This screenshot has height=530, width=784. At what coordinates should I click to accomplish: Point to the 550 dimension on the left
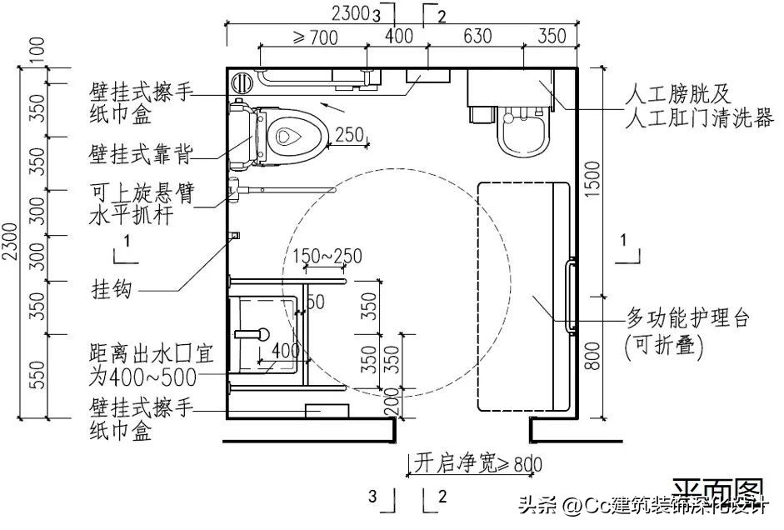(x=36, y=376)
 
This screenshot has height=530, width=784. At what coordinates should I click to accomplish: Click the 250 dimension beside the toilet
(x=349, y=134)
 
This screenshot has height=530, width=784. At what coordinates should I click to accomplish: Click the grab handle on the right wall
(x=571, y=297)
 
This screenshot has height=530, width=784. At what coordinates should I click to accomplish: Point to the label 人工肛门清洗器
(x=699, y=121)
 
